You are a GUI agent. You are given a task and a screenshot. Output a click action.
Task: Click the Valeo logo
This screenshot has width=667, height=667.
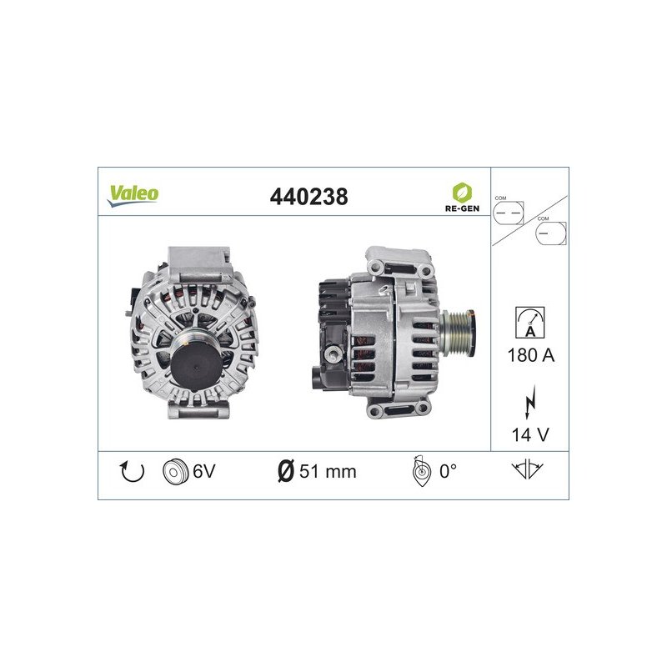[x=133, y=196]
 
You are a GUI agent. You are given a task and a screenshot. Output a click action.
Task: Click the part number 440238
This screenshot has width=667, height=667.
[x=308, y=197]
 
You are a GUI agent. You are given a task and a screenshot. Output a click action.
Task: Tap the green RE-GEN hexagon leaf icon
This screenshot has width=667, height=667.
[x=462, y=193]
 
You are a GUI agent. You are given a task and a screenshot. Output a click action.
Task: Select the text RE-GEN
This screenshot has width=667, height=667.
[x=462, y=208]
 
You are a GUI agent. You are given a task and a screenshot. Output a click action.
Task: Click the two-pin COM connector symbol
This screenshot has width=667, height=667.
[x=509, y=213]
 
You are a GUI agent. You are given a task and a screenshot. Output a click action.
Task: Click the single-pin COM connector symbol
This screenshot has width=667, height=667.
[x=551, y=233]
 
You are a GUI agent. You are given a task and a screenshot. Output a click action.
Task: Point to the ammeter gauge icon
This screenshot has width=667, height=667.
[x=530, y=323]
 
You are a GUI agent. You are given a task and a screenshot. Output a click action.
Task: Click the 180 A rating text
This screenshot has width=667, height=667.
[x=531, y=355]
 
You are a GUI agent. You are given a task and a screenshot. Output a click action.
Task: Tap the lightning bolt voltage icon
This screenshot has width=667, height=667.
[x=530, y=402]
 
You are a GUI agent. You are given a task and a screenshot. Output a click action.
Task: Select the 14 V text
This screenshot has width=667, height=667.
[x=530, y=434]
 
